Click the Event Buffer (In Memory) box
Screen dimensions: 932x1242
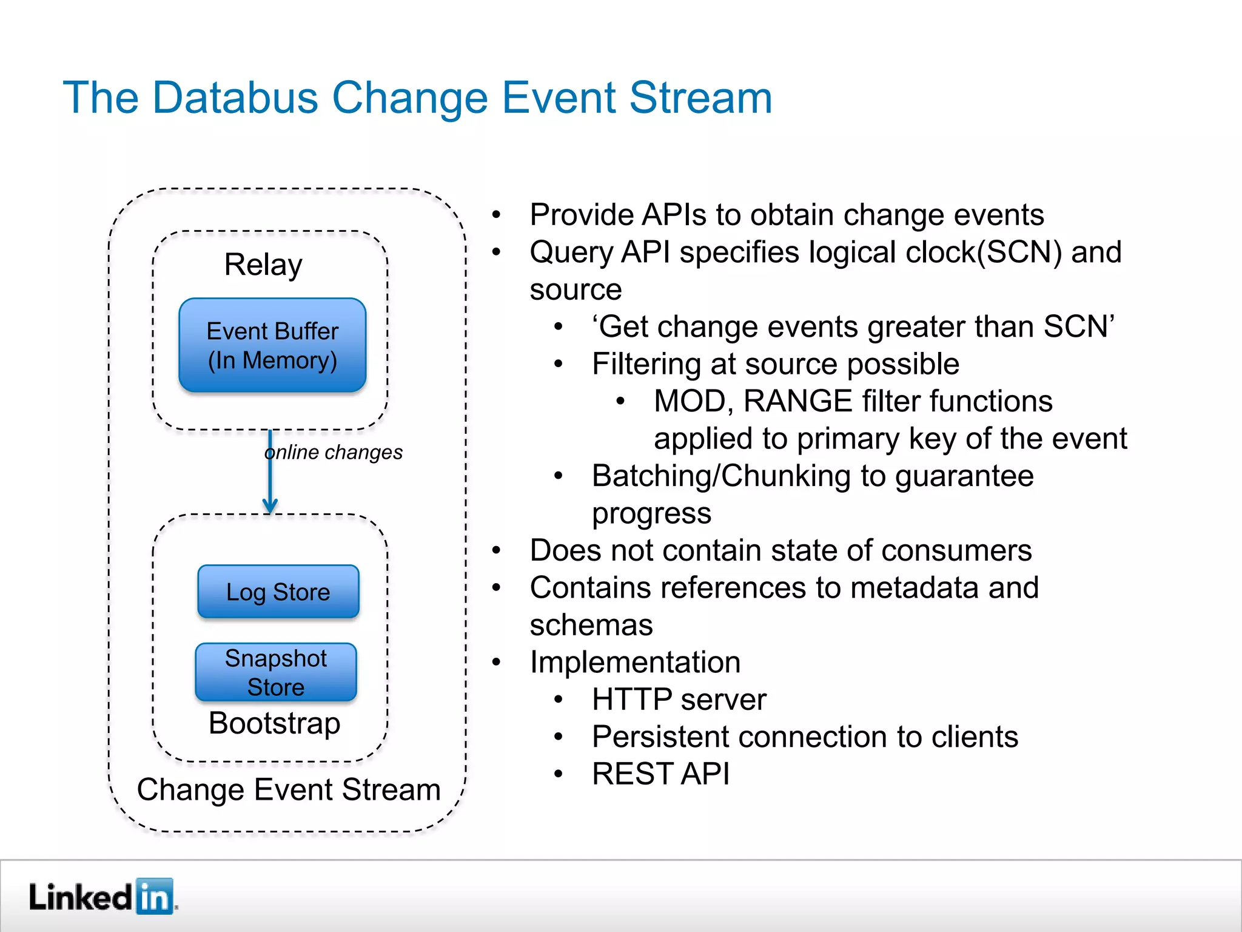click(x=272, y=345)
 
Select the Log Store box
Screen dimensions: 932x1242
click(x=278, y=592)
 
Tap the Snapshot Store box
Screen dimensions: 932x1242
click(x=276, y=672)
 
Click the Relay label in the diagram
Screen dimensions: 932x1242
click(x=263, y=265)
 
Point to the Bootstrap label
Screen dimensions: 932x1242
click(x=274, y=723)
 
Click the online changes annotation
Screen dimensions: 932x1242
click(x=334, y=452)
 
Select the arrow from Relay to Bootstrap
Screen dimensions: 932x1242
click(x=270, y=473)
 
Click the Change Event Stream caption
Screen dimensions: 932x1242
click(x=289, y=789)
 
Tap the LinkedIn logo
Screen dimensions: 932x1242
click(x=102, y=896)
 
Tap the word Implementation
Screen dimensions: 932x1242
click(x=635, y=662)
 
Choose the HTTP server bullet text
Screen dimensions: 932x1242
click(x=679, y=699)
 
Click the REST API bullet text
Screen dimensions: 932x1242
click(x=660, y=774)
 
